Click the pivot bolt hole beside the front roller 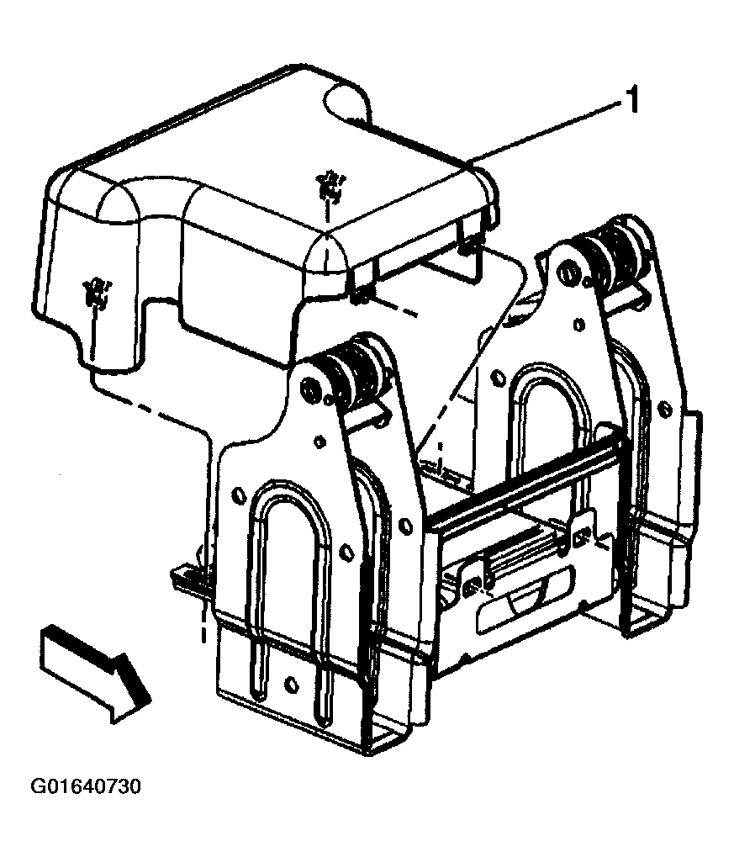[309, 389]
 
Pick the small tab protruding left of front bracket [187, 579]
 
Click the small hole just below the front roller [319, 440]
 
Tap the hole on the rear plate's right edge [665, 409]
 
